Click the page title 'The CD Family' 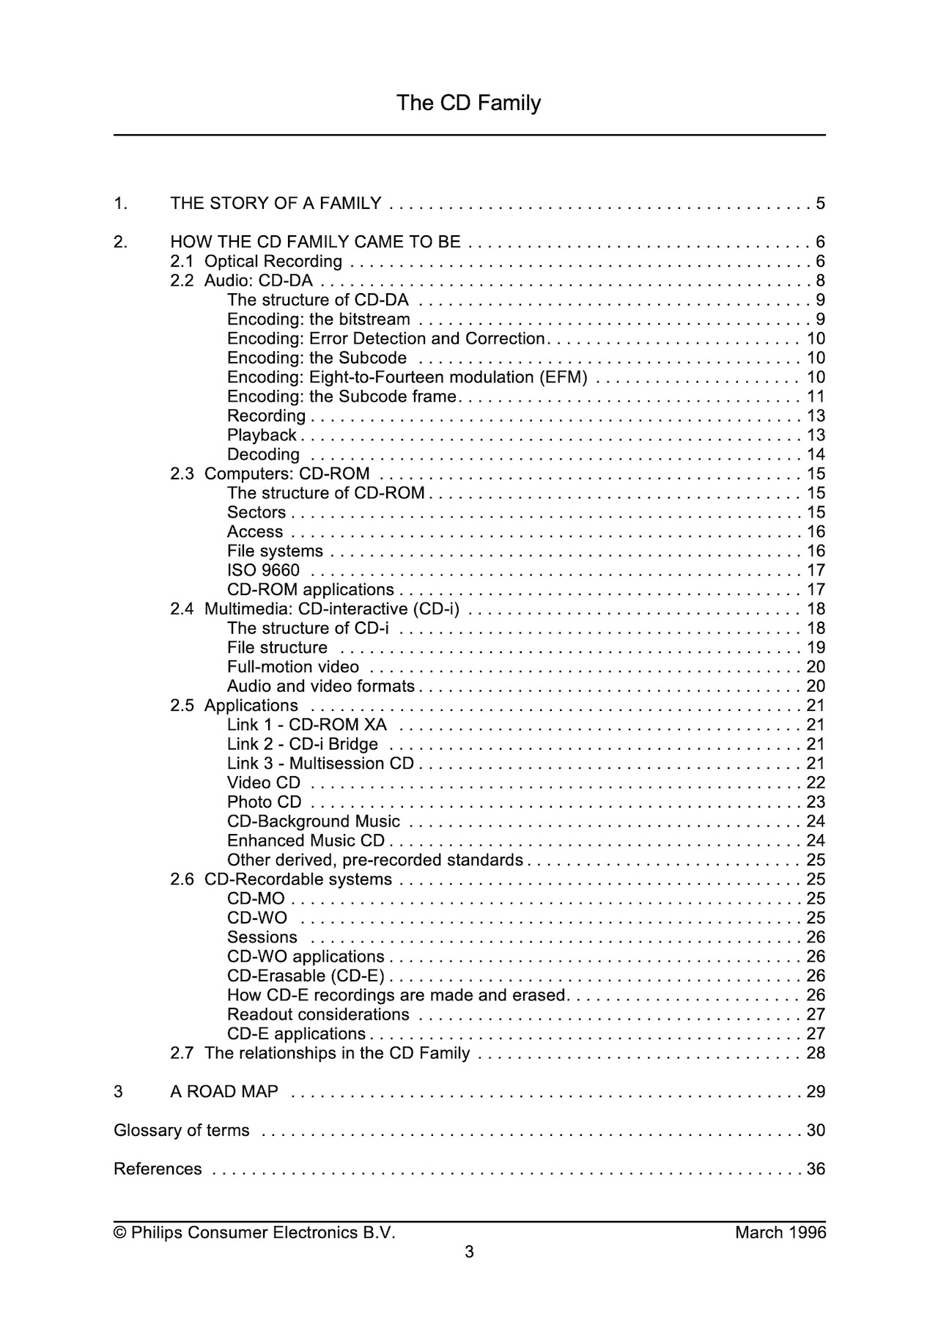[x=468, y=103]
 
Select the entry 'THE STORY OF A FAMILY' [x=276, y=203]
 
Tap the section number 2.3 [x=182, y=473]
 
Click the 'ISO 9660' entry [x=263, y=570]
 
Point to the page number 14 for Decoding [x=816, y=454]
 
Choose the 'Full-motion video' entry [x=292, y=667]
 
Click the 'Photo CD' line [x=264, y=802]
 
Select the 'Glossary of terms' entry [x=181, y=1130]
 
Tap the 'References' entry [x=158, y=1169]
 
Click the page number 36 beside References [x=816, y=1169]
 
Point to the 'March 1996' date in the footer [x=780, y=1233]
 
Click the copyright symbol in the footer [x=119, y=1233]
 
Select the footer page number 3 [x=469, y=1252]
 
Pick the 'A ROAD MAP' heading [x=224, y=1092]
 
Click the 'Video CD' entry [x=263, y=783]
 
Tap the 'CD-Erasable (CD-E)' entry [x=306, y=976]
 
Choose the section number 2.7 [x=182, y=1053]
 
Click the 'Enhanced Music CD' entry [x=306, y=841]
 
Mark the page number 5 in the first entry [x=820, y=203]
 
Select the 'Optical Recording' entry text [x=273, y=262]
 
